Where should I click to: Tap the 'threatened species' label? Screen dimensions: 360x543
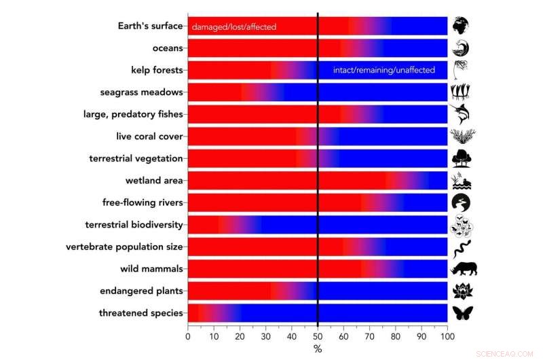click(x=141, y=313)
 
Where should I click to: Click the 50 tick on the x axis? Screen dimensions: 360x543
click(x=318, y=336)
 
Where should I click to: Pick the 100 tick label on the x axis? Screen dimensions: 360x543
click(x=447, y=336)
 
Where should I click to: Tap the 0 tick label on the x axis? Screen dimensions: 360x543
click(x=188, y=336)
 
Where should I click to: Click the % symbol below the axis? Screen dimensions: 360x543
click(x=318, y=348)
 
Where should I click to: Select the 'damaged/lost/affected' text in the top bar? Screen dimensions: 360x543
click(x=234, y=26)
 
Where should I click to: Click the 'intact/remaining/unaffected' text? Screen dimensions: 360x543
click(x=383, y=71)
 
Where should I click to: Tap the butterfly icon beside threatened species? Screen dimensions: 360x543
click(x=462, y=313)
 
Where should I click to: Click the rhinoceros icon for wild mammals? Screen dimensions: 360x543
click(x=464, y=269)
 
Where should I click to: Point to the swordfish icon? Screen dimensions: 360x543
click(x=462, y=113)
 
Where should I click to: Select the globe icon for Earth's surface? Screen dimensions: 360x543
click(x=461, y=26)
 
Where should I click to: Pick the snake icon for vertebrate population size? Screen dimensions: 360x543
click(x=461, y=247)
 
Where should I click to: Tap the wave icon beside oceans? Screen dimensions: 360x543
click(x=461, y=48)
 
